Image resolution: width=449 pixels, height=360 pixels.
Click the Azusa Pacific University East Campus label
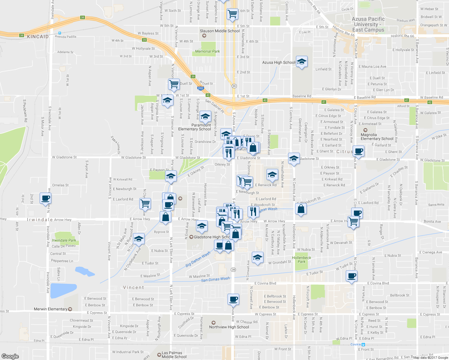tap(368, 24)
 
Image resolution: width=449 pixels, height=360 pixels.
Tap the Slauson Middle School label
tap(220, 31)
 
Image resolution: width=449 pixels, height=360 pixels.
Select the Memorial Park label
tap(207, 51)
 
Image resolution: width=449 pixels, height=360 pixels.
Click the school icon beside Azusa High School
tap(302, 62)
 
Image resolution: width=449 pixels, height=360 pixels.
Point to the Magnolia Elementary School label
tap(377, 137)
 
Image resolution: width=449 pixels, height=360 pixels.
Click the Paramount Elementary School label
tap(194, 127)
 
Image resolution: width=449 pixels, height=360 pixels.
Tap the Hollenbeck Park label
tap(301, 259)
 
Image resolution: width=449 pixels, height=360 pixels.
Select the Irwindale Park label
tap(64, 240)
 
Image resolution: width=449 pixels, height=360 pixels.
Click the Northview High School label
tap(229, 327)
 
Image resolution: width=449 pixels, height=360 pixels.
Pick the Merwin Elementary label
tap(51, 309)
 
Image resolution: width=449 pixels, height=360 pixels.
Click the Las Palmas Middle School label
tap(174, 355)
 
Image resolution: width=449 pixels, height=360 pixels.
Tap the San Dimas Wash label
tap(215, 279)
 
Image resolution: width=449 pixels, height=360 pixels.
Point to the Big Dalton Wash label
tap(198, 259)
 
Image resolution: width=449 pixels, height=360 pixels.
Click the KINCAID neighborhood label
tap(38, 37)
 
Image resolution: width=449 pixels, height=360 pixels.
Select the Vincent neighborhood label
tap(134, 287)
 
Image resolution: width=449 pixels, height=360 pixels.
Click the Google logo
tap(10, 356)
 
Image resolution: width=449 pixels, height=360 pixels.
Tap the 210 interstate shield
tap(200, 88)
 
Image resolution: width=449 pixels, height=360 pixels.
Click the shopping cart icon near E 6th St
tap(232, 14)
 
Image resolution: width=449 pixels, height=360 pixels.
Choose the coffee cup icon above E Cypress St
tap(233, 299)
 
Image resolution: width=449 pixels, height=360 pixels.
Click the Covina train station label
tap(356, 344)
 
